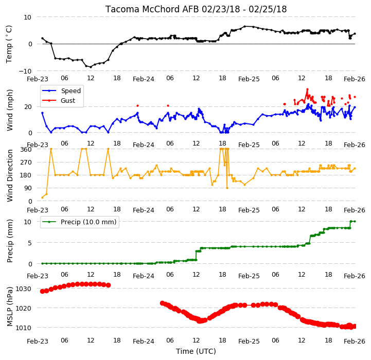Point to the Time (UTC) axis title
[196, 351]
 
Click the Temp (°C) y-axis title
[9, 44]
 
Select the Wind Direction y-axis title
[10, 175]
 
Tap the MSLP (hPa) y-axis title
[9, 307]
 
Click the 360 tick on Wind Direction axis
[26, 150]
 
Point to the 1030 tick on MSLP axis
[23, 289]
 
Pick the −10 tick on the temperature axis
[25, 71]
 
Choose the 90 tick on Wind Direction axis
[28, 188]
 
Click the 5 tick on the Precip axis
[29, 243]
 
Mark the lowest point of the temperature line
[91, 67]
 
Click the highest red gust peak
[307, 89]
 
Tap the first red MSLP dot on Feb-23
[42, 291]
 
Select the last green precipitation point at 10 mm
[355, 221]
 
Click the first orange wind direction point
[42, 197]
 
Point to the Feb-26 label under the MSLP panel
[354, 341]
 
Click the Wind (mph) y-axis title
[10, 110]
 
